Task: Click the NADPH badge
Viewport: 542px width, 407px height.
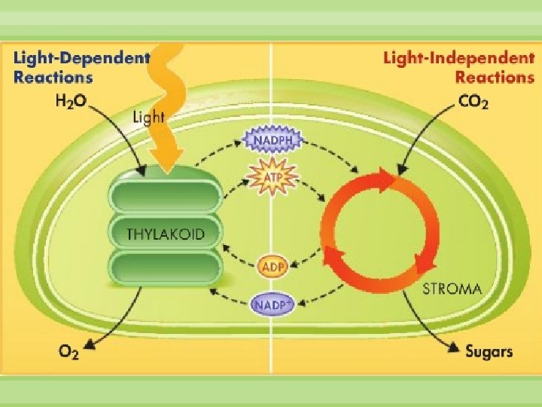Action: pyautogui.click(x=272, y=140)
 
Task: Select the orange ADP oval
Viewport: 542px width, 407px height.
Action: pyautogui.click(x=272, y=267)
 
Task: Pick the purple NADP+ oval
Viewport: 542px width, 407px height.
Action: pyautogui.click(x=273, y=304)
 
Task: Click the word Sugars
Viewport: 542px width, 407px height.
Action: pyautogui.click(x=489, y=350)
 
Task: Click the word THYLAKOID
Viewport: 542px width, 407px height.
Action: pyautogui.click(x=165, y=234)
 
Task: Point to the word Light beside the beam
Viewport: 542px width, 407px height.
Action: pyautogui.click(x=149, y=118)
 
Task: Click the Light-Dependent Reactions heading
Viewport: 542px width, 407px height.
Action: pyautogui.click(x=81, y=66)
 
